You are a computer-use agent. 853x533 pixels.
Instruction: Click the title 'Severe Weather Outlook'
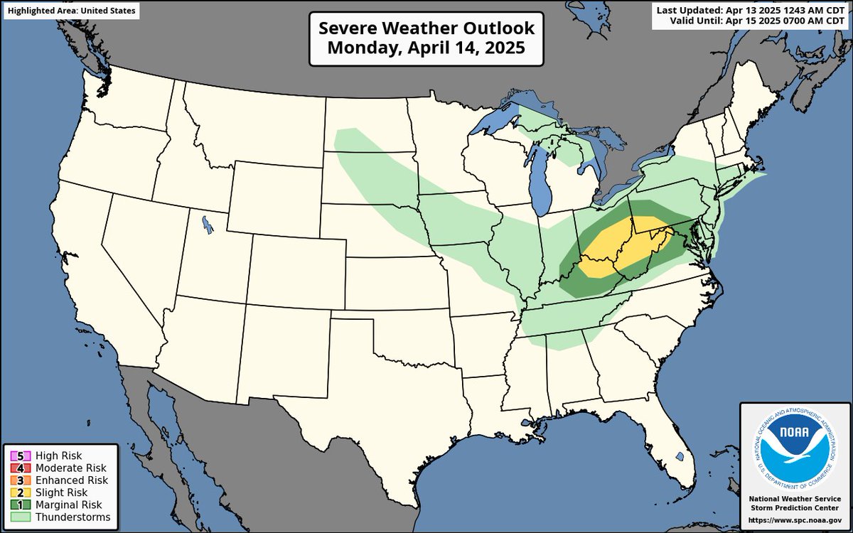point(426,29)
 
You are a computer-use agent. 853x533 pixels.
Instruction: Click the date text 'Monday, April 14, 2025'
point(426,49)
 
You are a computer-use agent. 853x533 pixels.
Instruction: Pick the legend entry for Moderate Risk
point(58,468)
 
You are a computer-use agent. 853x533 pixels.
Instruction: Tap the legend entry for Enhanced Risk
point(58,480)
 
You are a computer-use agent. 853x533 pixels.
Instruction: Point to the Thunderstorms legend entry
point(59,517)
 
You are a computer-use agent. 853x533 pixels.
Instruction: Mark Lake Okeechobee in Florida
point(680,456)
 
